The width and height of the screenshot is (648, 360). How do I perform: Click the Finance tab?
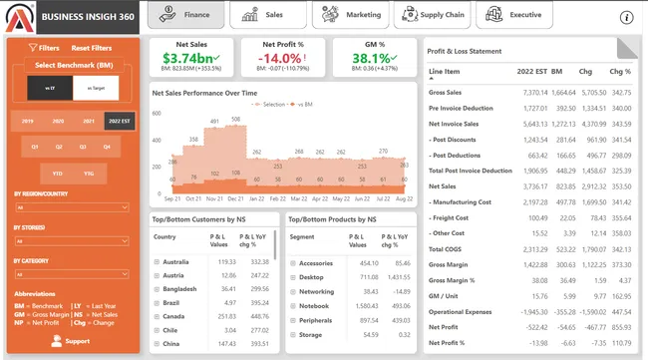click(x=185, y=15)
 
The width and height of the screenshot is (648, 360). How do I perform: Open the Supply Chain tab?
click(x=432, y=15)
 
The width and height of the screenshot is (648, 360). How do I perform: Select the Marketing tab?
click(x=350, y=15)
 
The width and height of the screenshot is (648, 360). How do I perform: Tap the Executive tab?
click(x=514, y=15)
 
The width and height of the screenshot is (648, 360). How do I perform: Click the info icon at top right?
click(x=627, y=17)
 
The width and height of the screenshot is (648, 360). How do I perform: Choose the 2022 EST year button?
click(x=120, y=121)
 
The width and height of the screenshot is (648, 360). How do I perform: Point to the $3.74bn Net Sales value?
click(x=190, y=59)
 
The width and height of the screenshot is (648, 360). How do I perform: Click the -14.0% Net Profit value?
click(x=282, y=59)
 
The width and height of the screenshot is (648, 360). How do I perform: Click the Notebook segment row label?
click(x=316, y=307)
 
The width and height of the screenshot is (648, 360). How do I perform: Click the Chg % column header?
click(x=620, y=72)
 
